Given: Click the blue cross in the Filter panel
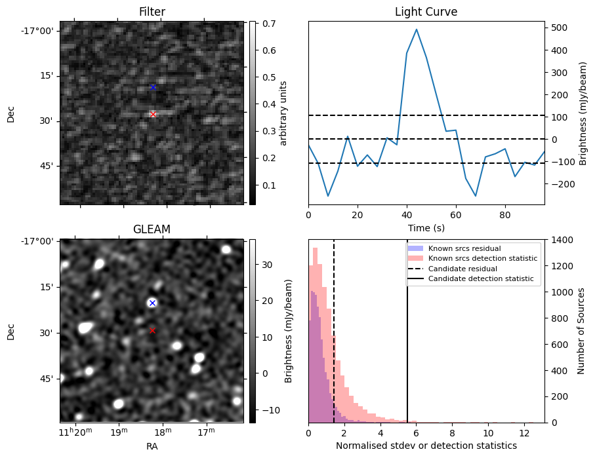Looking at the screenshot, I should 153,87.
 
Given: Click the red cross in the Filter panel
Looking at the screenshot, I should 153,114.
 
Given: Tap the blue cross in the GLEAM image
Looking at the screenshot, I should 152,303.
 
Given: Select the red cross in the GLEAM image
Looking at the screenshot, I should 152,330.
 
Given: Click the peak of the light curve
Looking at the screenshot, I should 417,29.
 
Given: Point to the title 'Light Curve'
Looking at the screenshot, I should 426,12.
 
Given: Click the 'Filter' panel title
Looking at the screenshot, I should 152,12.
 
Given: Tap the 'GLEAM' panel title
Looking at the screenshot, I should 152,229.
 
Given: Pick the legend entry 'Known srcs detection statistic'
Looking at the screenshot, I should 482,259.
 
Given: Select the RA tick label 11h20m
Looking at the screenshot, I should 73,432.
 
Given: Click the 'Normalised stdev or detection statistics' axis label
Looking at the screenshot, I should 426,446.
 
